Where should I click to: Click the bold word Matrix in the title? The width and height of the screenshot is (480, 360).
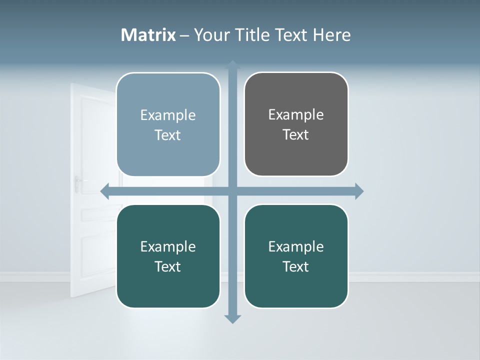[x=148, y=35]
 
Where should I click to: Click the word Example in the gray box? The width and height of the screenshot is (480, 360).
[x=296, y=114]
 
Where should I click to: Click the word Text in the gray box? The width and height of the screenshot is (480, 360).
[x=296, y=135]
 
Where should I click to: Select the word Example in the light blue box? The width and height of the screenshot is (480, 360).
[x=168, y=115]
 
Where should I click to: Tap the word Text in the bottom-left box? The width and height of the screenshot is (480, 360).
[x=168, y=266]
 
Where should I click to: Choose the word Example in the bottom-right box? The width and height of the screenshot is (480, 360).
[x=296, y=246]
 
